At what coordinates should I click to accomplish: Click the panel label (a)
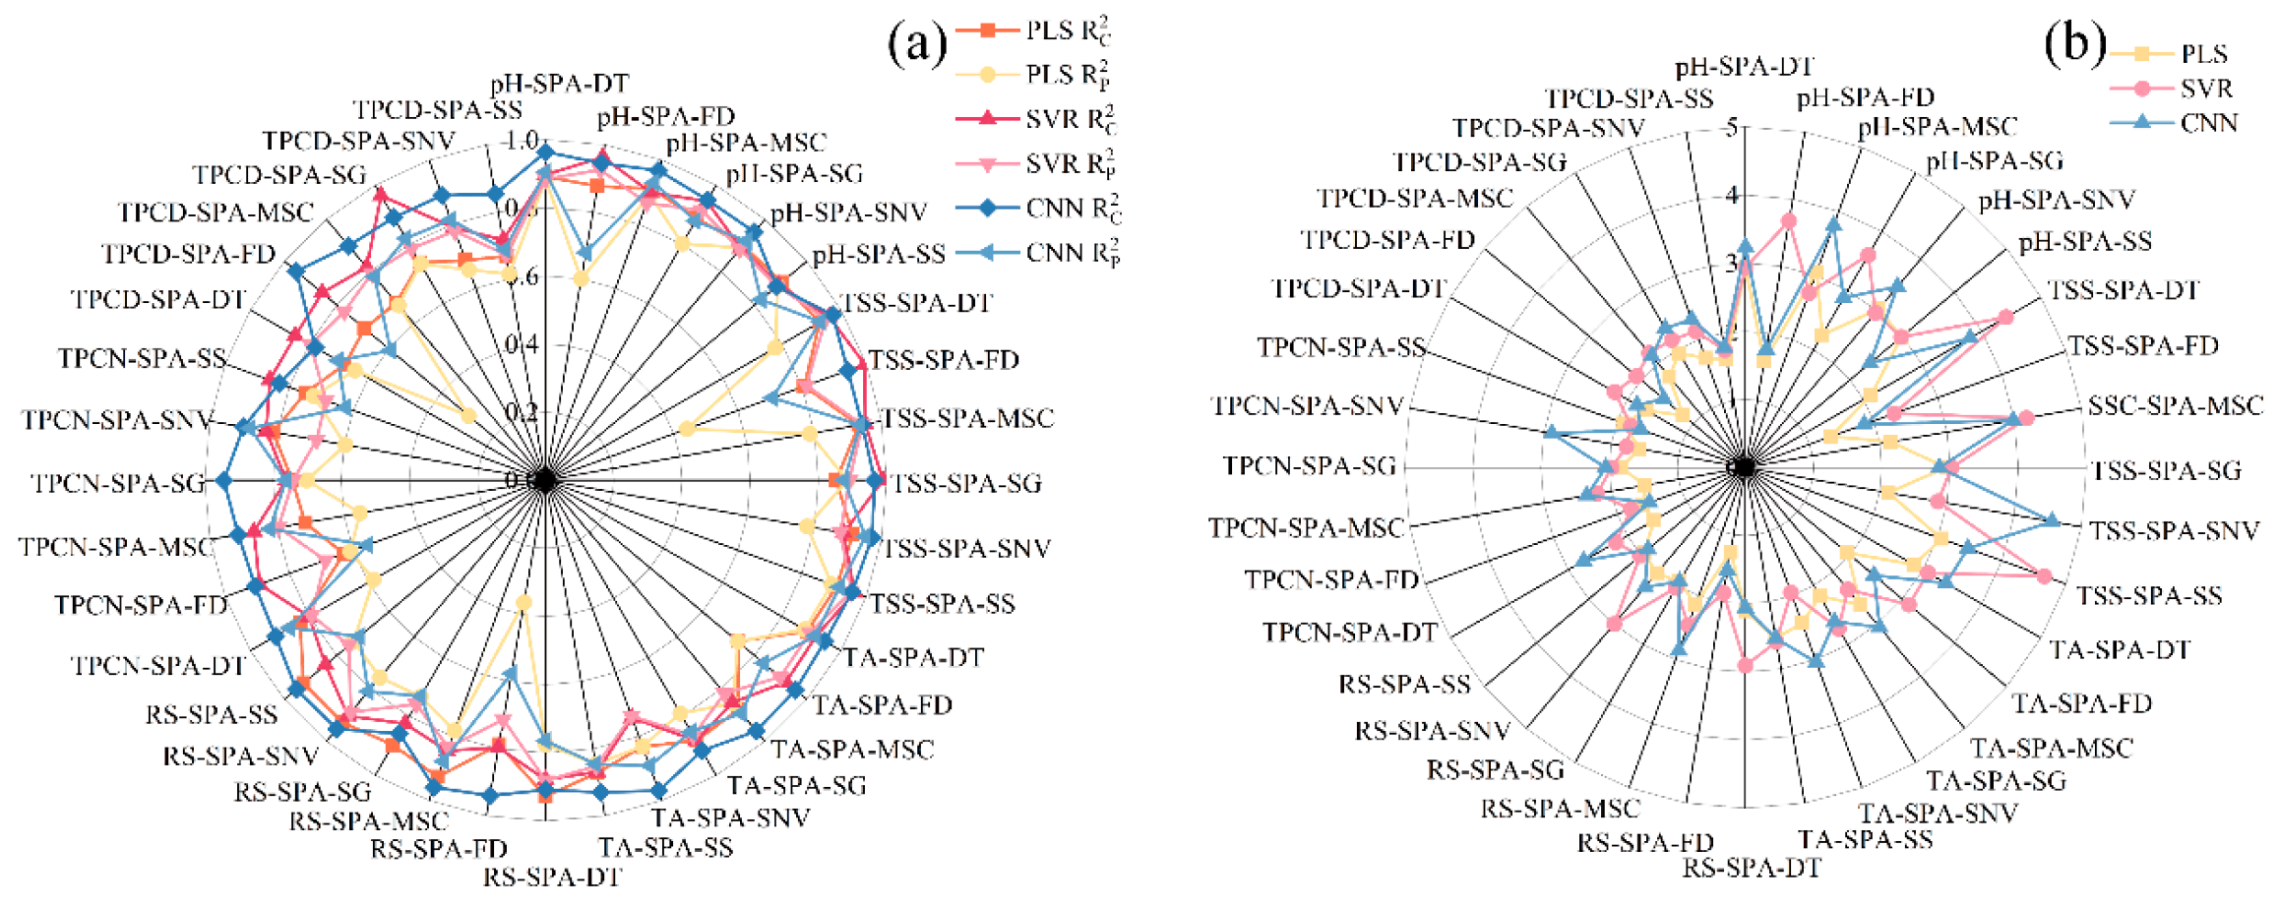[916, 44]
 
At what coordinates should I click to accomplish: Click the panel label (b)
[2073, 44]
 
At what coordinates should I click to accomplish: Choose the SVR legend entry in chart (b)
[2205, 89]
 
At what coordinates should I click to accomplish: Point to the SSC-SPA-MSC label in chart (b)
[2175, 405]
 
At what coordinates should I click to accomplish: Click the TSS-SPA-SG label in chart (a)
[966, 483]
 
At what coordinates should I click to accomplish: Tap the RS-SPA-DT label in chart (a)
[552, 876]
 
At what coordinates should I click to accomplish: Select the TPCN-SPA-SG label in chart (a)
[118, 483]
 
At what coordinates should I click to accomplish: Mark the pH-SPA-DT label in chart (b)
[1744, 67]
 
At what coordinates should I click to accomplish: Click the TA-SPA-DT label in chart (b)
[2120, 649]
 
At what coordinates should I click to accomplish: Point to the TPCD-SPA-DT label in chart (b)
[1358, 289]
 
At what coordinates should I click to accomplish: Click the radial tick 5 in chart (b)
[1732, 128]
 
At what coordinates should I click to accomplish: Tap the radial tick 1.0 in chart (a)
[521, 140]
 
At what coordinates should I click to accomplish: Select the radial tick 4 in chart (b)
[1732, 196]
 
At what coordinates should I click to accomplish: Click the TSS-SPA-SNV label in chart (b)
[2174, 531]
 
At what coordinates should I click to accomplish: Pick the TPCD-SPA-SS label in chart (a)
[438, 109]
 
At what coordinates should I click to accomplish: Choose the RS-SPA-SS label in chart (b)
[1403, 684]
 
